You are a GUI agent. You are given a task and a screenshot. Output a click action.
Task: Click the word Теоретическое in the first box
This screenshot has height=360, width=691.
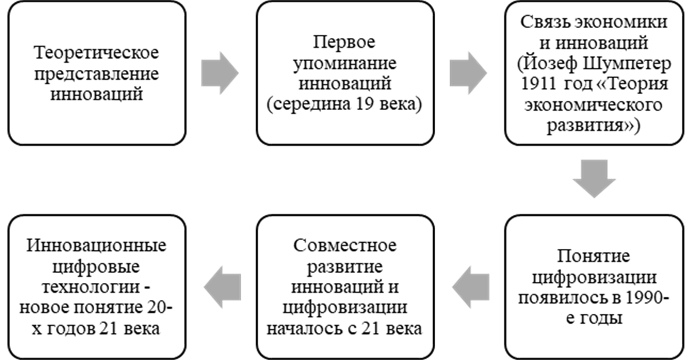96,53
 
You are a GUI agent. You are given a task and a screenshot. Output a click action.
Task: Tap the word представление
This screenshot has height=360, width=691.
96,73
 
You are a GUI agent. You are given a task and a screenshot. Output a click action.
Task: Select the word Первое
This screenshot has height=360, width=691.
344,43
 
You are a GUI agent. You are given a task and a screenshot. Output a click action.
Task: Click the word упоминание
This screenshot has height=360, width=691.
344,63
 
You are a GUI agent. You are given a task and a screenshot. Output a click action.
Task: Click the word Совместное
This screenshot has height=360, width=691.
344,247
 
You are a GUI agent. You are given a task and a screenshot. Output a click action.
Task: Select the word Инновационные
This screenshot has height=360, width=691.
96,247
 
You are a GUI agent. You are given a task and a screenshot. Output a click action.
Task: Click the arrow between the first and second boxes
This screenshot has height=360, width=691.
220,72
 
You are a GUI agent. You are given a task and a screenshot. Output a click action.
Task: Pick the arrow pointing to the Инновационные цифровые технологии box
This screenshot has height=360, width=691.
222,288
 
